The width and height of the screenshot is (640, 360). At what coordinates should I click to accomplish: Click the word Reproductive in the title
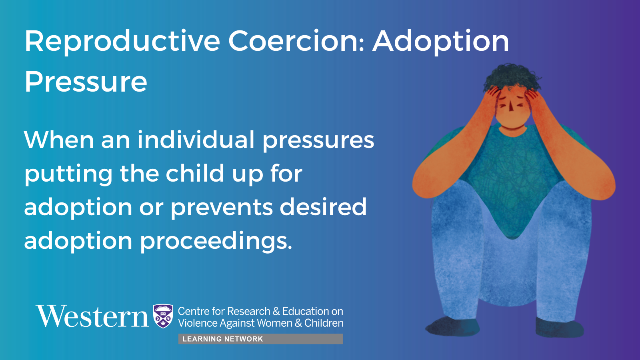[x=122, y=42]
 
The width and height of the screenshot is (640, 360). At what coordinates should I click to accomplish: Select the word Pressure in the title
[x=86, y=82]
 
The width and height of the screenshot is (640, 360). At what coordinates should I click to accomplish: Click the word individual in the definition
[x=196, y=140]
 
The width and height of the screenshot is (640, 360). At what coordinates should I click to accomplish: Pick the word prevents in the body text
[x=222, y=208]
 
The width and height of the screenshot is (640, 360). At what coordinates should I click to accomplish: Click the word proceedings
[x=216, y=242]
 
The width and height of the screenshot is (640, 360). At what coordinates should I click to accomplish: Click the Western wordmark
[x=92, y=316]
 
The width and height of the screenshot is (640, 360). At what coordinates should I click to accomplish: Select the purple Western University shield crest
[x=163, y=316]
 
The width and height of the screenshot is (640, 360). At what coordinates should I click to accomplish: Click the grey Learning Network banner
[x=260, y=339]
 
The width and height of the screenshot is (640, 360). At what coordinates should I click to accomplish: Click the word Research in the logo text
[x=248, y=311]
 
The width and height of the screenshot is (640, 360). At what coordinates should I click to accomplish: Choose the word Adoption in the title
[x=440, y=42]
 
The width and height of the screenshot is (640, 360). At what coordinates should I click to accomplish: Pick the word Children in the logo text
[x=324, y=323]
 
